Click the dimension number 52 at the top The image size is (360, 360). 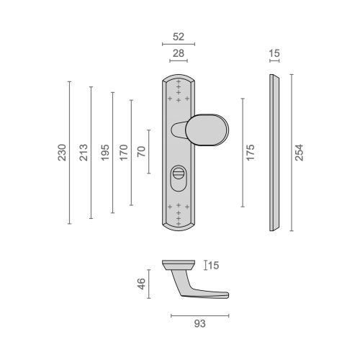coord(179,37)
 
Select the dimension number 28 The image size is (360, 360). coord(179,53)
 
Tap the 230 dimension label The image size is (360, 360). coord(62,153)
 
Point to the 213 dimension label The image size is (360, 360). coord(84,153)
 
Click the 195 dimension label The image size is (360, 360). coord(105,153)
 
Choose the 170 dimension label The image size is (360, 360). coord(124,153)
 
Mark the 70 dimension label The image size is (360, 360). coord(141,151)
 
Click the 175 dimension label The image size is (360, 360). coord(250,153)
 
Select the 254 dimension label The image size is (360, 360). coord(299,153)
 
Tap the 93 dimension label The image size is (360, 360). coord(200,324)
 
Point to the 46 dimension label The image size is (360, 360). coord(141,284)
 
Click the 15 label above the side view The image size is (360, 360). coord(274,53)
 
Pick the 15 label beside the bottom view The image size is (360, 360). coord(213,266)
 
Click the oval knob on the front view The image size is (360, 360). coord(207,130)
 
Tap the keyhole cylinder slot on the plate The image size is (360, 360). coord(179,178)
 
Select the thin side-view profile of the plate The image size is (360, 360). coord(274,153)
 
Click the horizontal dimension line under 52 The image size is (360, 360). coord(179,44)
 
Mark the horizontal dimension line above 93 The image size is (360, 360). coord(200,316)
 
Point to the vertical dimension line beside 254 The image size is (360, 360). coord(292,153)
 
